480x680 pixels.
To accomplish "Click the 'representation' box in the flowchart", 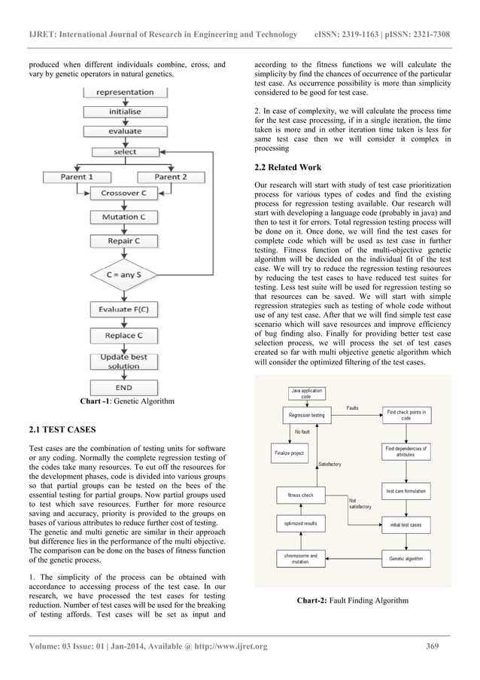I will point(125,93).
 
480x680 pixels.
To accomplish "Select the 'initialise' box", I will point(125,111).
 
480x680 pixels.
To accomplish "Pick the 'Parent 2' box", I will point(171,177).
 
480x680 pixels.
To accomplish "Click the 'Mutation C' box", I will point(125,218).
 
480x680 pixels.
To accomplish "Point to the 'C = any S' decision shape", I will point(125,275).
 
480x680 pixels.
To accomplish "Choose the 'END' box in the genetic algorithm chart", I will point(125,387).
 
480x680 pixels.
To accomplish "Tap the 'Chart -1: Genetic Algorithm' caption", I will point(127,401).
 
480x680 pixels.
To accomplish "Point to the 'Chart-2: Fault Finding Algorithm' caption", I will point(353,600).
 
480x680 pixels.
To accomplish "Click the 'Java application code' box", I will point(307,393).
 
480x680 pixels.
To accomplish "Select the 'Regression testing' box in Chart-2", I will point(307,415).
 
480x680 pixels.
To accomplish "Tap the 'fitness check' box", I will point(301,495).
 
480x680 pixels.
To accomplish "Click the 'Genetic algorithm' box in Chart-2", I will point(406,560).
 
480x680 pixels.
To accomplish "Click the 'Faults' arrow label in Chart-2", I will point(352,409).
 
